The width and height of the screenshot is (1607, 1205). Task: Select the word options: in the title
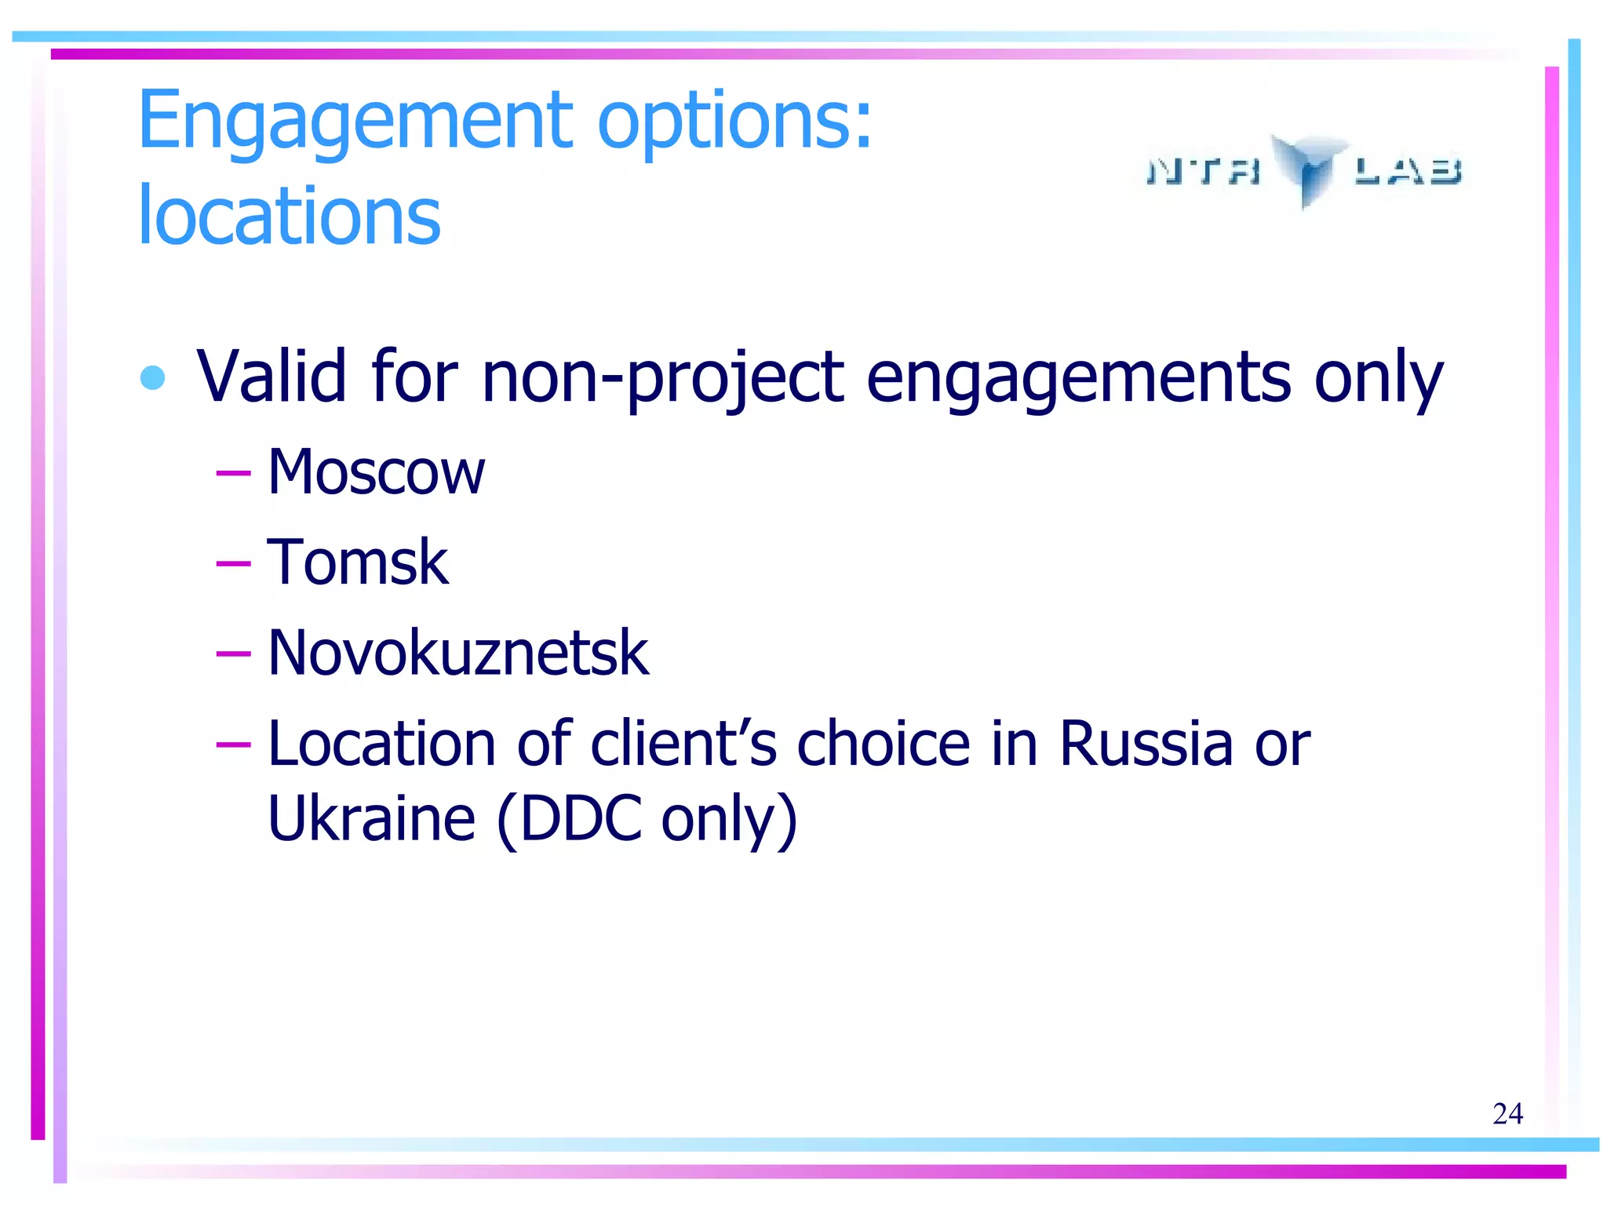pos(734,122)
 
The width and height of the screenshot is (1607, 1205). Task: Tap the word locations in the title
pos(289,215)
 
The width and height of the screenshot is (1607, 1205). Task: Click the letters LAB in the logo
pos(1408,171)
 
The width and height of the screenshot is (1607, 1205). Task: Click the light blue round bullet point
pos(152,377)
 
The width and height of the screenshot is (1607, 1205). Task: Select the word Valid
pos(271,377)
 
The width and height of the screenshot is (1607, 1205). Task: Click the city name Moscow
pos(376,472)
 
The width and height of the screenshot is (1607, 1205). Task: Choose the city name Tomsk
pos(358,562)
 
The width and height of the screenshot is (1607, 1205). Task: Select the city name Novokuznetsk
pos(458,653)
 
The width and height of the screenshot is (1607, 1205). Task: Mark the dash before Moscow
pos(233,472)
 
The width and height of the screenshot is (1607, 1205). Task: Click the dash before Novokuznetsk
pos(233,653)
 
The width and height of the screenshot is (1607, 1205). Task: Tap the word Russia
pos(1146,743)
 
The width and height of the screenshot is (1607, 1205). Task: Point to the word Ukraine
pos(371,818)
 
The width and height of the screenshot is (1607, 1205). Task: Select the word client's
pos(683,743)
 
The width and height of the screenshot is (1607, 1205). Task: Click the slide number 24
pos(1507,1113)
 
